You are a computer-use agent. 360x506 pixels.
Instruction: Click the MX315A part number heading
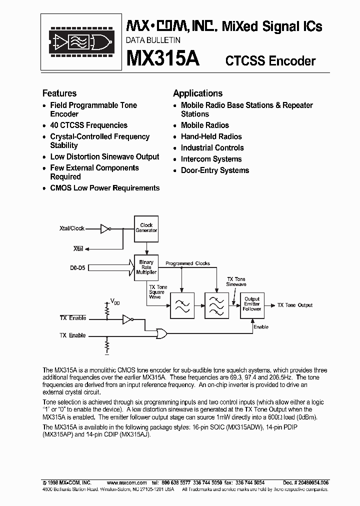point(163,59)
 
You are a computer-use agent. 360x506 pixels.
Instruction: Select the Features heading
point(59,93)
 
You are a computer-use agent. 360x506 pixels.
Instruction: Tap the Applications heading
point(197,93)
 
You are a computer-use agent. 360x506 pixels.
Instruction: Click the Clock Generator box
point(146,228)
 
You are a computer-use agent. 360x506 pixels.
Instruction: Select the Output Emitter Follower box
point(252,304)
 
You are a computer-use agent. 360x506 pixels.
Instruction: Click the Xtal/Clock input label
point(72,228)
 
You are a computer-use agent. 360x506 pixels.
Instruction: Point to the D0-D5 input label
point(77,268)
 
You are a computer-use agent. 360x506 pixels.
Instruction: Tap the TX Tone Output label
point(295,305)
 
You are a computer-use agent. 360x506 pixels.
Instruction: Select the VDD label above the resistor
point(115,302)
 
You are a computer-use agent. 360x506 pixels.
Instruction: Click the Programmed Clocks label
point(187,263)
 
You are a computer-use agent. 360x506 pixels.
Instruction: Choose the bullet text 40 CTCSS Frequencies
point(88,125)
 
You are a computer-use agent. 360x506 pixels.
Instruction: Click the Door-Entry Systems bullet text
point(214,170)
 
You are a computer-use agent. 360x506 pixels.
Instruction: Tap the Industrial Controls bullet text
point(212,148)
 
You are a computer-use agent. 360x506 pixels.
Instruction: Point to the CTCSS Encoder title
point(270,61)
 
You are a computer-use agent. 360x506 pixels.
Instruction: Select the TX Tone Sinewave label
point(236,281)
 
